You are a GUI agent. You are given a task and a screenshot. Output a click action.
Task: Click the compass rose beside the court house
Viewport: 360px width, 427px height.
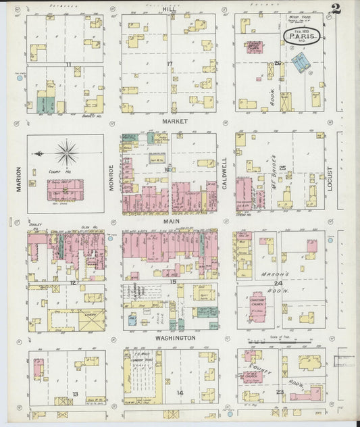[66, 153]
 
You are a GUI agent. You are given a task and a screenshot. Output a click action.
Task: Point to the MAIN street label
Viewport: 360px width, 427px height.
[169, 220]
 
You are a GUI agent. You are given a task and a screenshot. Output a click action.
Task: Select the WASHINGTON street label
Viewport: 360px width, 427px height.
[175, 337]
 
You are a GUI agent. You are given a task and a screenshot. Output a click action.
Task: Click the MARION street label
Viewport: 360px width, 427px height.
[19, 179]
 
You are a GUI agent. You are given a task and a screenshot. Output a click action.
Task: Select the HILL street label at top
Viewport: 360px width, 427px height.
[170, 7]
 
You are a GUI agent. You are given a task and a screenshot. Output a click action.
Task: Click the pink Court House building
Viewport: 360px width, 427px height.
[66, 189]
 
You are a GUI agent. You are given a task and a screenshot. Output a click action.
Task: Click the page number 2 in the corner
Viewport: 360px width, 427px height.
[336, 9]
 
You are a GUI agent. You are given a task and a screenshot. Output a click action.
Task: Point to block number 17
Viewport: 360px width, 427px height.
[170, 64]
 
